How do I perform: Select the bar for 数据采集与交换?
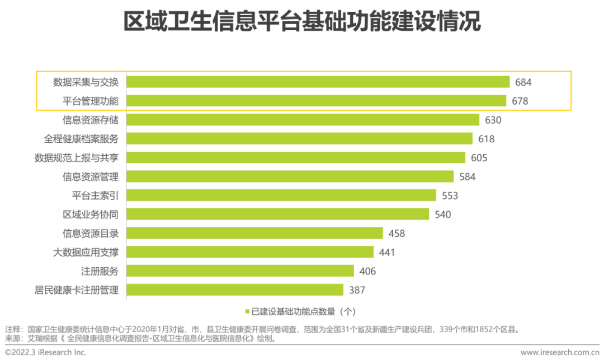[318, 82]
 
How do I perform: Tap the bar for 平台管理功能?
[316, 101]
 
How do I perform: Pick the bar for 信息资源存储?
[303, 120]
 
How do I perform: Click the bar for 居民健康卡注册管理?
[234, 290]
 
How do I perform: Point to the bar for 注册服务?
[240, 271]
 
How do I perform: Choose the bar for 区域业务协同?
[277, 214]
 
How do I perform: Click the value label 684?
[523, 82]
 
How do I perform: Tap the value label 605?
[479, 158]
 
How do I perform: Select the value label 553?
[450, 195]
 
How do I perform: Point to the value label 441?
[386, 252]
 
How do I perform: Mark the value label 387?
[356, 290]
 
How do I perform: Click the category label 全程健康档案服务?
[81, 139]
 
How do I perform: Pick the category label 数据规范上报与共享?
[76, 158]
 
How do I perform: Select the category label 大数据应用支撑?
[86, 252]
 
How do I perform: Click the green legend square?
[247, 311]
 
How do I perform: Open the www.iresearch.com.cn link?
[559, 352]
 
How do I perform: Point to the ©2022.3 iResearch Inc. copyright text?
[45, 352]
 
